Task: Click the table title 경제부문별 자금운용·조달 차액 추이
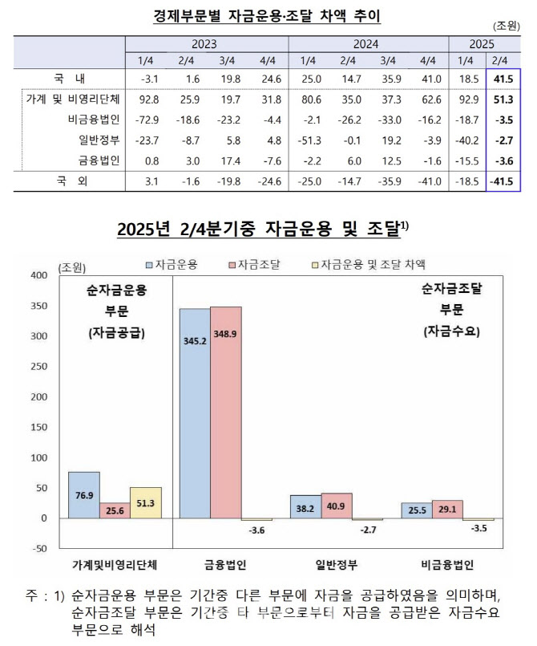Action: point(267,14)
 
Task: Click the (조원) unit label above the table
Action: point(503,27)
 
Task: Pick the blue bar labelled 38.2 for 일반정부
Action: point(305,506)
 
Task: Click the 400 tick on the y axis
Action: point(37,275)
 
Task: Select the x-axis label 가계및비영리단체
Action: point(115,565)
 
